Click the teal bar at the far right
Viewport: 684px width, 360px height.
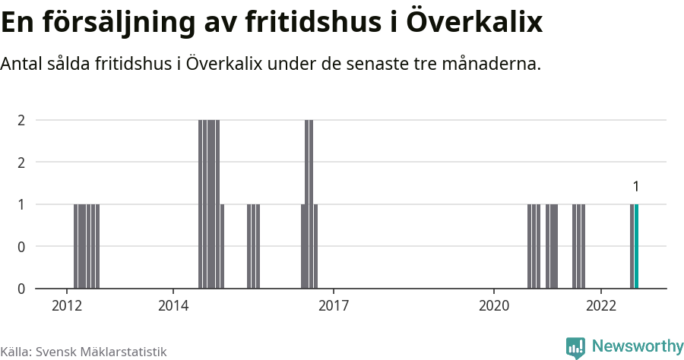[636, 246]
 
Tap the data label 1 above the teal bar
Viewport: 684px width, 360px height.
[636, 187]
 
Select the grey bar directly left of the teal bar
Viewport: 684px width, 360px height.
[632, 246]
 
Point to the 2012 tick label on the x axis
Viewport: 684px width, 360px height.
[67, 305]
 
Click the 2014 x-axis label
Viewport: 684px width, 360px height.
[173, 305]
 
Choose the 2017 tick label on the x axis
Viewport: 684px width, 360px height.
[334, 305]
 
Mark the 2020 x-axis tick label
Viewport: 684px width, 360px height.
[494, 305]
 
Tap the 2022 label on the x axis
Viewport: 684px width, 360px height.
[600, 305]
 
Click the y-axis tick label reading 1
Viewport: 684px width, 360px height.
[21, 204]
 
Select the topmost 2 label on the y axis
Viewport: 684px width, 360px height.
[21, 120]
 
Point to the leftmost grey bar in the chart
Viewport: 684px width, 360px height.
[76, 246]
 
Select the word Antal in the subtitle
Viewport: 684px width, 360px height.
[22, 64]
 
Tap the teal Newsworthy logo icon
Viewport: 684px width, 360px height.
[575, 348]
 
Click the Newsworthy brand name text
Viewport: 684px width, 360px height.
[637, 346]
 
